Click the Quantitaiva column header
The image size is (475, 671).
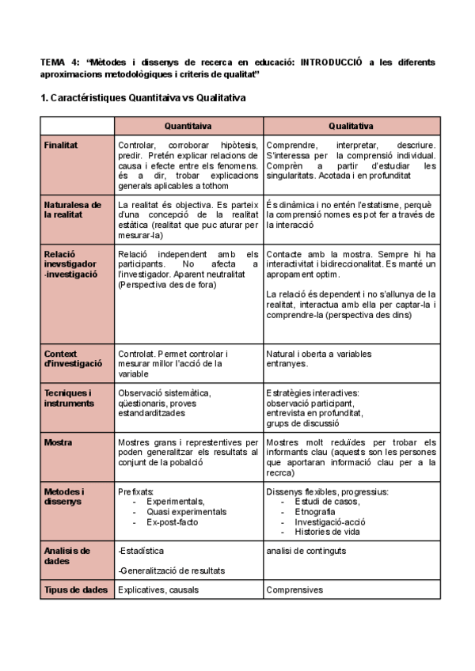(x=188, y=126)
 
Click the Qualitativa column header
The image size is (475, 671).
(x=351, y=126)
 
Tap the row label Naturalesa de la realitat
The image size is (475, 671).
(x=72, y=209)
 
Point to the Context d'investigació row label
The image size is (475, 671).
(x=73, y=358)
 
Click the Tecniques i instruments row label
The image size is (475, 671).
(x=68, y=398)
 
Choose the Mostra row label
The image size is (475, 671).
(x=58, y=442)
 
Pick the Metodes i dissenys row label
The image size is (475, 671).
(x=66, y=497)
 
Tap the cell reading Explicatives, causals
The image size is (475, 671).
(x=158, y=589)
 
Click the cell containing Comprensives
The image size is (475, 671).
(x=294, y=589)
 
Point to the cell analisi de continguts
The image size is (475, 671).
(x=306, y=550)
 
